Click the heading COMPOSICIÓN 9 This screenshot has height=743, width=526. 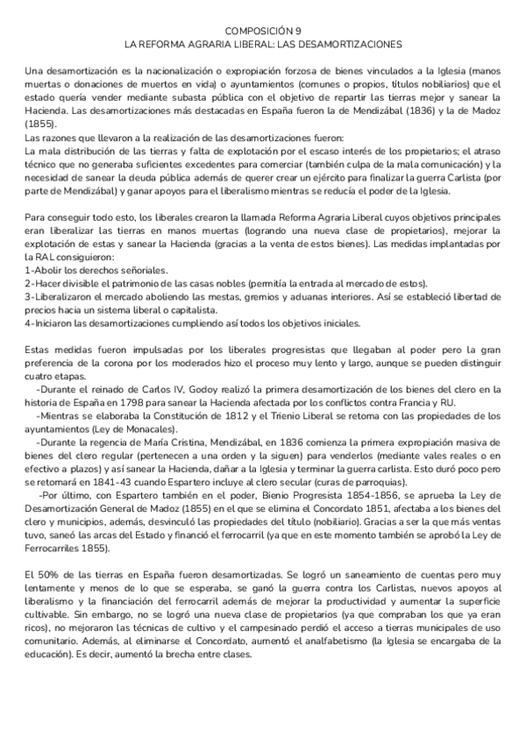click(x=262, y=29)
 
